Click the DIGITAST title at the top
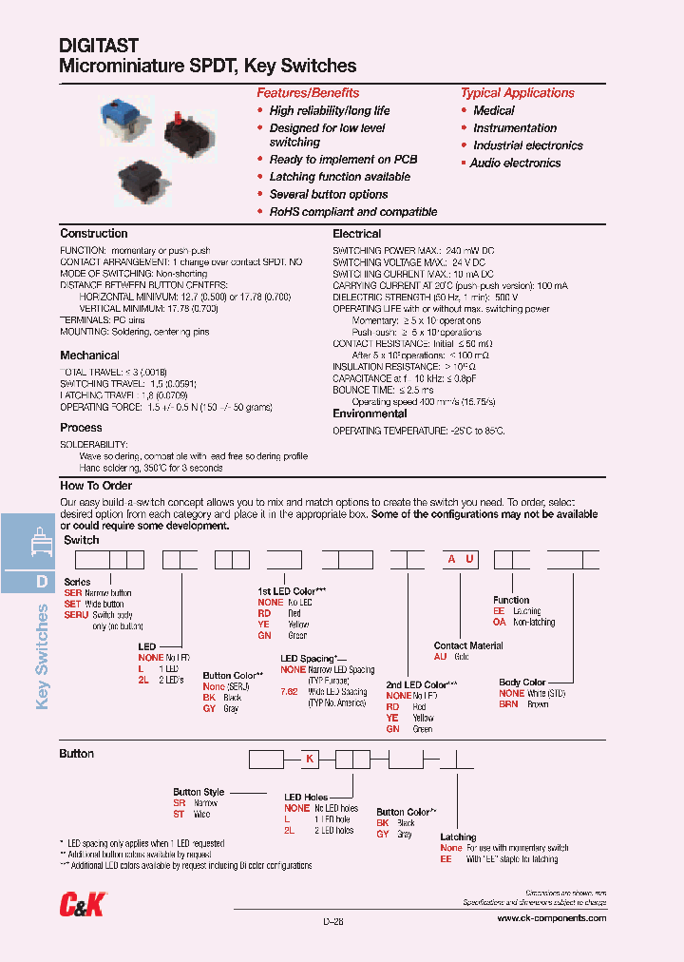click(x=100, y=45)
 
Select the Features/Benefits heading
click(x=308, y=93)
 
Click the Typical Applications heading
click(x=517, y=93)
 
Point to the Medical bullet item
click(x=494, y=110)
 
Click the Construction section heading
click(x=93, y=234)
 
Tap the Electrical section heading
click(x=357, y=234)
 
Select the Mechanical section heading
click(x=89, y=356)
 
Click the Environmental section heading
click(x=370, y=414)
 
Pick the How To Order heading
click(x=95, y=486)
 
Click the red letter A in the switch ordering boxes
click(x=452, y=560)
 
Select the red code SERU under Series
click(x=76, y=616)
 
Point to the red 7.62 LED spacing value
click(x=290, y=692)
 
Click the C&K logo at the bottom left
click(x=84, y=905)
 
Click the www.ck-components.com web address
click(x=551, y=918)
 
